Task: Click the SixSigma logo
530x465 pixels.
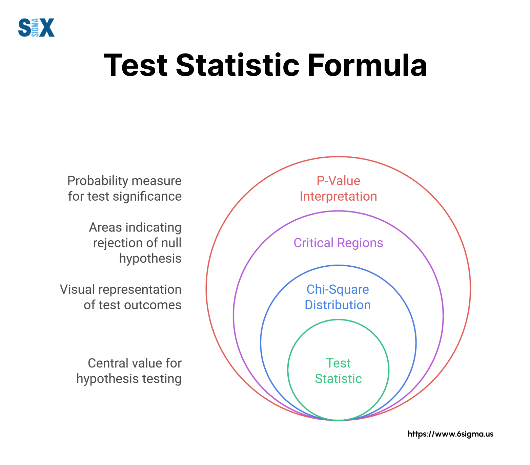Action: tap(36, 27)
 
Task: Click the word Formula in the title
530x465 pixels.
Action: tap(367, 65)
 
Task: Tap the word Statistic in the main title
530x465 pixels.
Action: tap(238, 65)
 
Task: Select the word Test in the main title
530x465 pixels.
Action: tap(136, 65)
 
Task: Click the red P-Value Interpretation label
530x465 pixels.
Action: tap(338, 189)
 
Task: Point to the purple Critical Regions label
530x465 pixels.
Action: tap(338, 243)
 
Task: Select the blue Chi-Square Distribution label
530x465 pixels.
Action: tap(338, 297)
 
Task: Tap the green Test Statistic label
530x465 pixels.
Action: tap(338, 371)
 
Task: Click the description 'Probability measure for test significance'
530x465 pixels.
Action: tap(125, 189)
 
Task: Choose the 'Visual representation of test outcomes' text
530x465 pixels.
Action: tap(121, 297)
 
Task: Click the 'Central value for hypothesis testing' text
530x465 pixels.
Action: tap(129, 371)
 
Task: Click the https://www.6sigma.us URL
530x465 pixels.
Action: tap(450, 434)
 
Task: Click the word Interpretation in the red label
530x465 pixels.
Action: tap(338, 197)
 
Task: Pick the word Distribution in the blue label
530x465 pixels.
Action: tap(338, 305)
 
